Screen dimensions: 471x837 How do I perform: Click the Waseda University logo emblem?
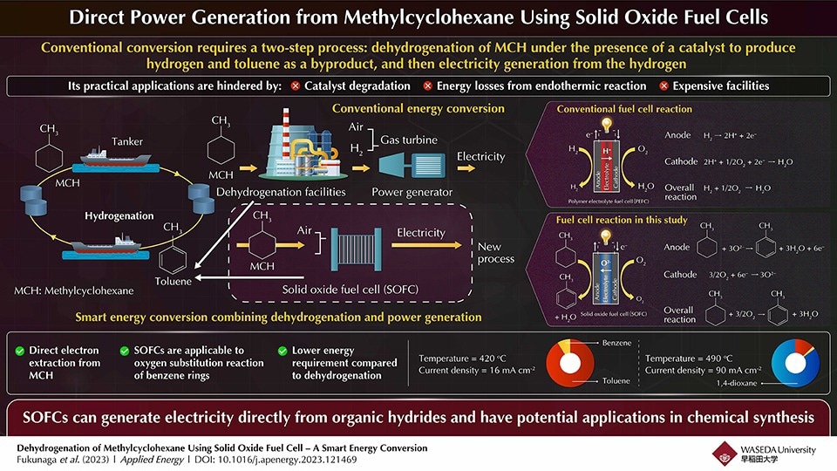(x=725, y=452)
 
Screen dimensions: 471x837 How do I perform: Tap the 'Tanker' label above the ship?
(x=127, y=141)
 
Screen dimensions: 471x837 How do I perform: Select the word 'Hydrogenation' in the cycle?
(x=119, y=215)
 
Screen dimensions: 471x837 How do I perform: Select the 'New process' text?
(x=496, y=253)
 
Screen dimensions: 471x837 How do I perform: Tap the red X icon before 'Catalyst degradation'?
(x=296, y=85)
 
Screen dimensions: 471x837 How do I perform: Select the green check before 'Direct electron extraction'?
(x=19, y=351)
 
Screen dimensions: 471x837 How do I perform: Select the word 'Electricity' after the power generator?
(x=480, y=157)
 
